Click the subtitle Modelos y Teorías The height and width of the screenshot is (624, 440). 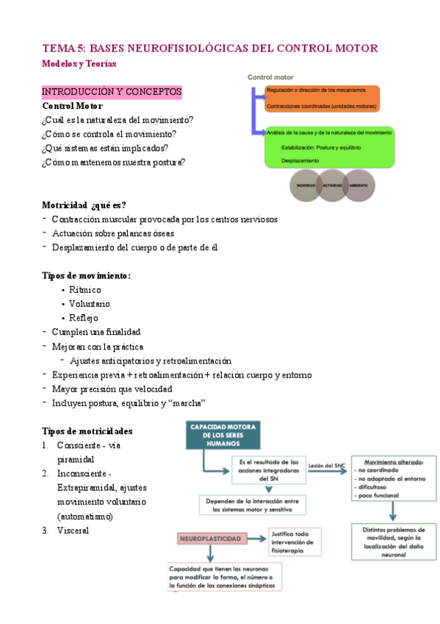79,64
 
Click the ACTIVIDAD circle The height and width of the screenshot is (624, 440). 332,185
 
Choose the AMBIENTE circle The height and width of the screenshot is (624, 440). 358,185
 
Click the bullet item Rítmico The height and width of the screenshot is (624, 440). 85,290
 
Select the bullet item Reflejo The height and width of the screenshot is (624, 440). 83,318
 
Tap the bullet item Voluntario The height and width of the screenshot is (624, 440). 90,304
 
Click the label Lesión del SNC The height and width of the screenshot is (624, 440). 328,466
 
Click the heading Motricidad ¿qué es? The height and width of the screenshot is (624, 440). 89,205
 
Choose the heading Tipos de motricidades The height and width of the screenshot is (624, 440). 88,431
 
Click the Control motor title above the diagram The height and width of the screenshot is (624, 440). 270,77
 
